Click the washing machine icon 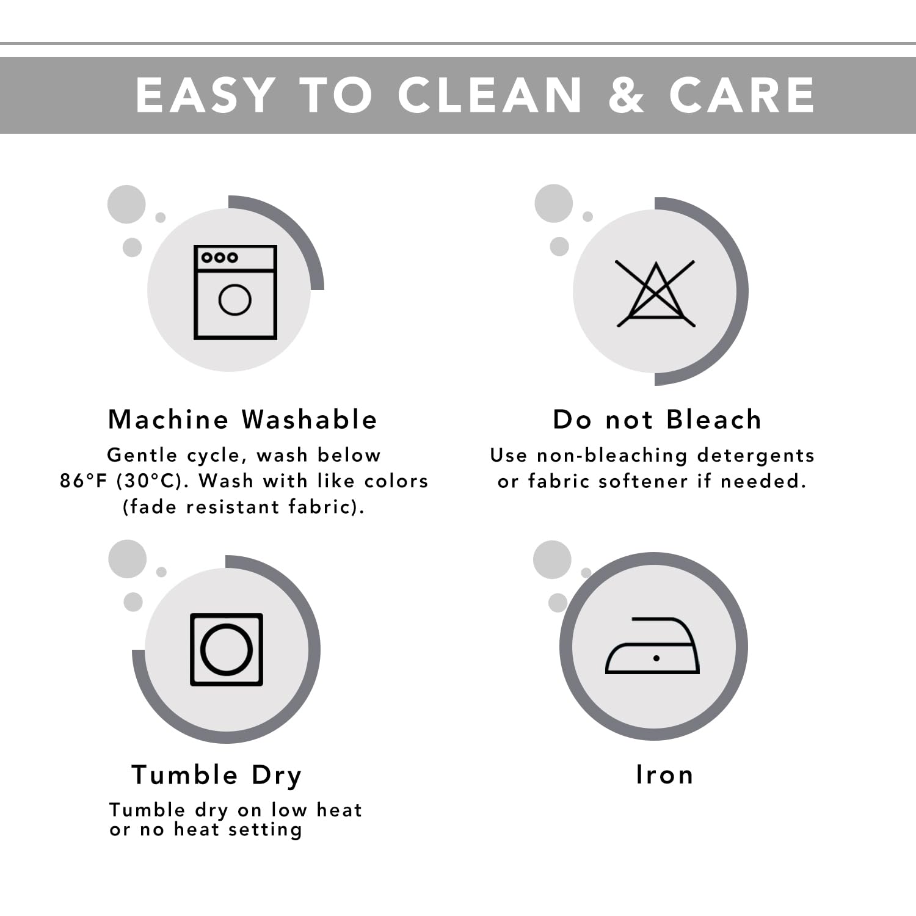click(235, 292)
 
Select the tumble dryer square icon click(227, 649)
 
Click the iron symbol click(652, 646)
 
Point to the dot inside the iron click(656, 658)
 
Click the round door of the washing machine click(235, 300)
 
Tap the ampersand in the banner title click(627, 95)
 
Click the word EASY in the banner click(205, 95)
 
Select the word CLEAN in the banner click(490, 95)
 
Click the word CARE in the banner click(742, 95)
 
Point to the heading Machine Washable click(243, 420)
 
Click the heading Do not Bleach click(657, 420)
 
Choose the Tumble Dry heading click(217, 776)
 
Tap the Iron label click(664, 775)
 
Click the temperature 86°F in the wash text click(84, 481)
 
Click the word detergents click(756, 456)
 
